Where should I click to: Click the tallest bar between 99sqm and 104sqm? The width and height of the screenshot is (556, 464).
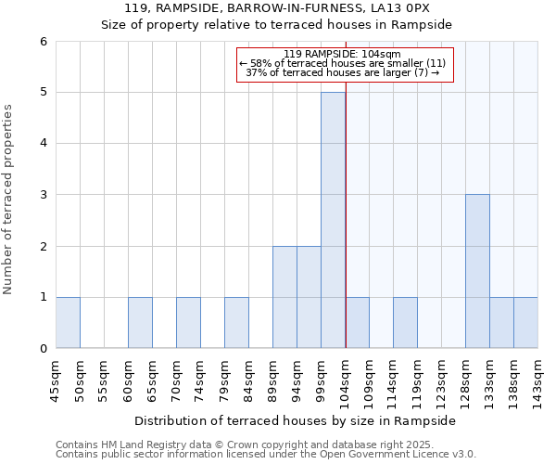click(333, 220)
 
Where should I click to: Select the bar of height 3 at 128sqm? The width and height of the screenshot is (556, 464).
click(477, 271)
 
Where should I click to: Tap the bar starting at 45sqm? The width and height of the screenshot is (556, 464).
click(68, 323)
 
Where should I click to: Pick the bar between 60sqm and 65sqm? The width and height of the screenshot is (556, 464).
click(140, 323)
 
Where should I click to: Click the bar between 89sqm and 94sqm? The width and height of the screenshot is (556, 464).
click(284, 297)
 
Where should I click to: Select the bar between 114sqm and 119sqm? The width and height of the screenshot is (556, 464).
click(405, 323)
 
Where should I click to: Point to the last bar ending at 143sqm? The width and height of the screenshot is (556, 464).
click(525, 323)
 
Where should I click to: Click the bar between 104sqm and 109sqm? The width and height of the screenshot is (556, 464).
click(357, 323)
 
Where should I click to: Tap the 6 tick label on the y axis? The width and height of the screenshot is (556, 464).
click(43, 42)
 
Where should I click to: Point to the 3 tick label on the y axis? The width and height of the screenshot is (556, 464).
click(43, 195)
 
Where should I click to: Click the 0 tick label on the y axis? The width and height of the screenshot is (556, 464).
click(43, 349)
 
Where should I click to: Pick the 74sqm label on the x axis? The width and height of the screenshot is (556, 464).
click(200, 379)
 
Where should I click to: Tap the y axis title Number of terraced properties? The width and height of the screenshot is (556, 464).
click(8, 200)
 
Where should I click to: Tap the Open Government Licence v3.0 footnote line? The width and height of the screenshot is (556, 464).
click(266, 454)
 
